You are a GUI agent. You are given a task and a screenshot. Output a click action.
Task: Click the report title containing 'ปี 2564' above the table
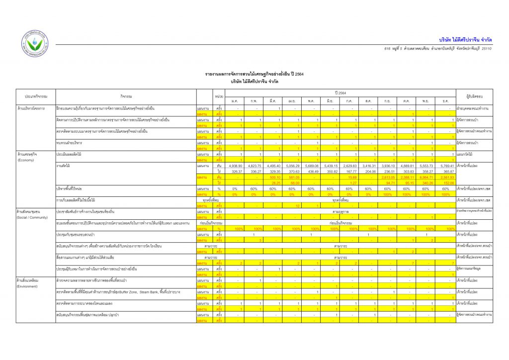coord(254,74)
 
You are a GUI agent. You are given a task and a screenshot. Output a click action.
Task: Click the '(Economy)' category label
coord(25,160)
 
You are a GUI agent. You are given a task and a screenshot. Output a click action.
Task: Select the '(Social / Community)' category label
coord(32,217)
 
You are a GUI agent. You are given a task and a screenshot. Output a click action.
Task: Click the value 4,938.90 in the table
coord(235,166)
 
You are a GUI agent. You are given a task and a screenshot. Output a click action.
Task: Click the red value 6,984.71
coord(425,177)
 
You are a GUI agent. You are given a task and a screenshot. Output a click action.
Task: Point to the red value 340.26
coord(425,182)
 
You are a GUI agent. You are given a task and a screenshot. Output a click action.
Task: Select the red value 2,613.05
coord(388,177)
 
